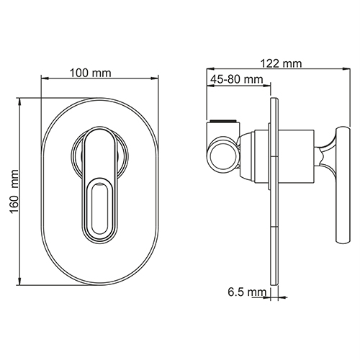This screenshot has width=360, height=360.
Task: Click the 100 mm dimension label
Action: click(91, 73)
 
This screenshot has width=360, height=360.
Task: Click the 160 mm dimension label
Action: click(14, 192)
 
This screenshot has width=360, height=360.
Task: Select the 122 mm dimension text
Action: click(281, 64)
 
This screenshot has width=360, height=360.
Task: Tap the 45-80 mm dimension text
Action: click(237, 79)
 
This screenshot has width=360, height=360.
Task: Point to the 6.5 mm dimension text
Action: click(247, 292)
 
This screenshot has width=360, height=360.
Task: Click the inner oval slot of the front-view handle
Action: click(100, 208)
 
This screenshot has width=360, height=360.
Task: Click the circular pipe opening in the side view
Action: click(223, 155)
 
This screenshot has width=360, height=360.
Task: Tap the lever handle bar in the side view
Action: click(343, 186)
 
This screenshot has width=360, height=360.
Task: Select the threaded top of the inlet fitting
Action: click(223, 121)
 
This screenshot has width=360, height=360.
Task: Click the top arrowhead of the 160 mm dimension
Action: click(20, 102)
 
